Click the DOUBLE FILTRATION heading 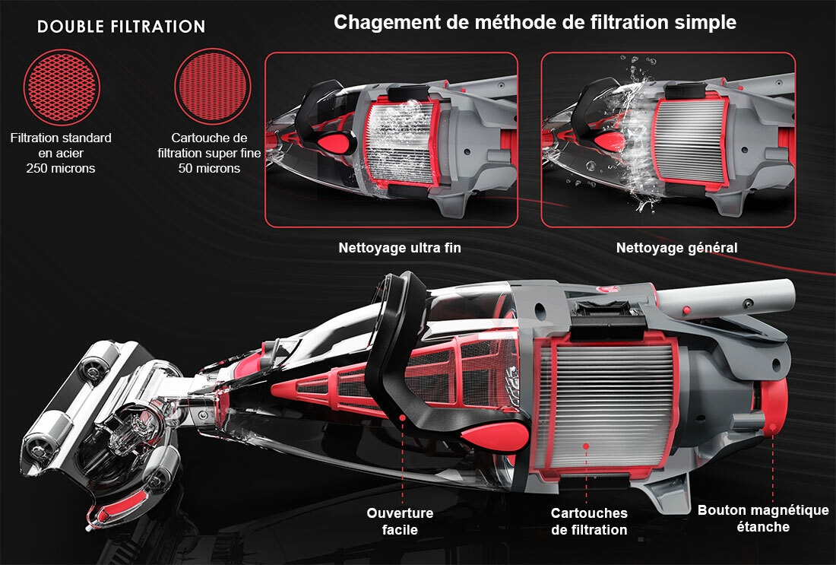[x=122, y=27]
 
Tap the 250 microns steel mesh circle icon [x=62, y=87]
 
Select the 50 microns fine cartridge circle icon [x=213, y=87]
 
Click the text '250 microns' [x=62, y=168]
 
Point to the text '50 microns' [x=209, y=168]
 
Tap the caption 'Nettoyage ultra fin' [x=399, y=248]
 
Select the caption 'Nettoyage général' [x=676, y=248]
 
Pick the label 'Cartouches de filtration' [x=589, y=522]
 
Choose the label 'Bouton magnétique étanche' [x=763, y=518]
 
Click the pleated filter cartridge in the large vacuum [x=612, y=407]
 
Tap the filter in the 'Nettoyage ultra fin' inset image [x=400, y=142]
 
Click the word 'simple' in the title [x=706, y=22]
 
